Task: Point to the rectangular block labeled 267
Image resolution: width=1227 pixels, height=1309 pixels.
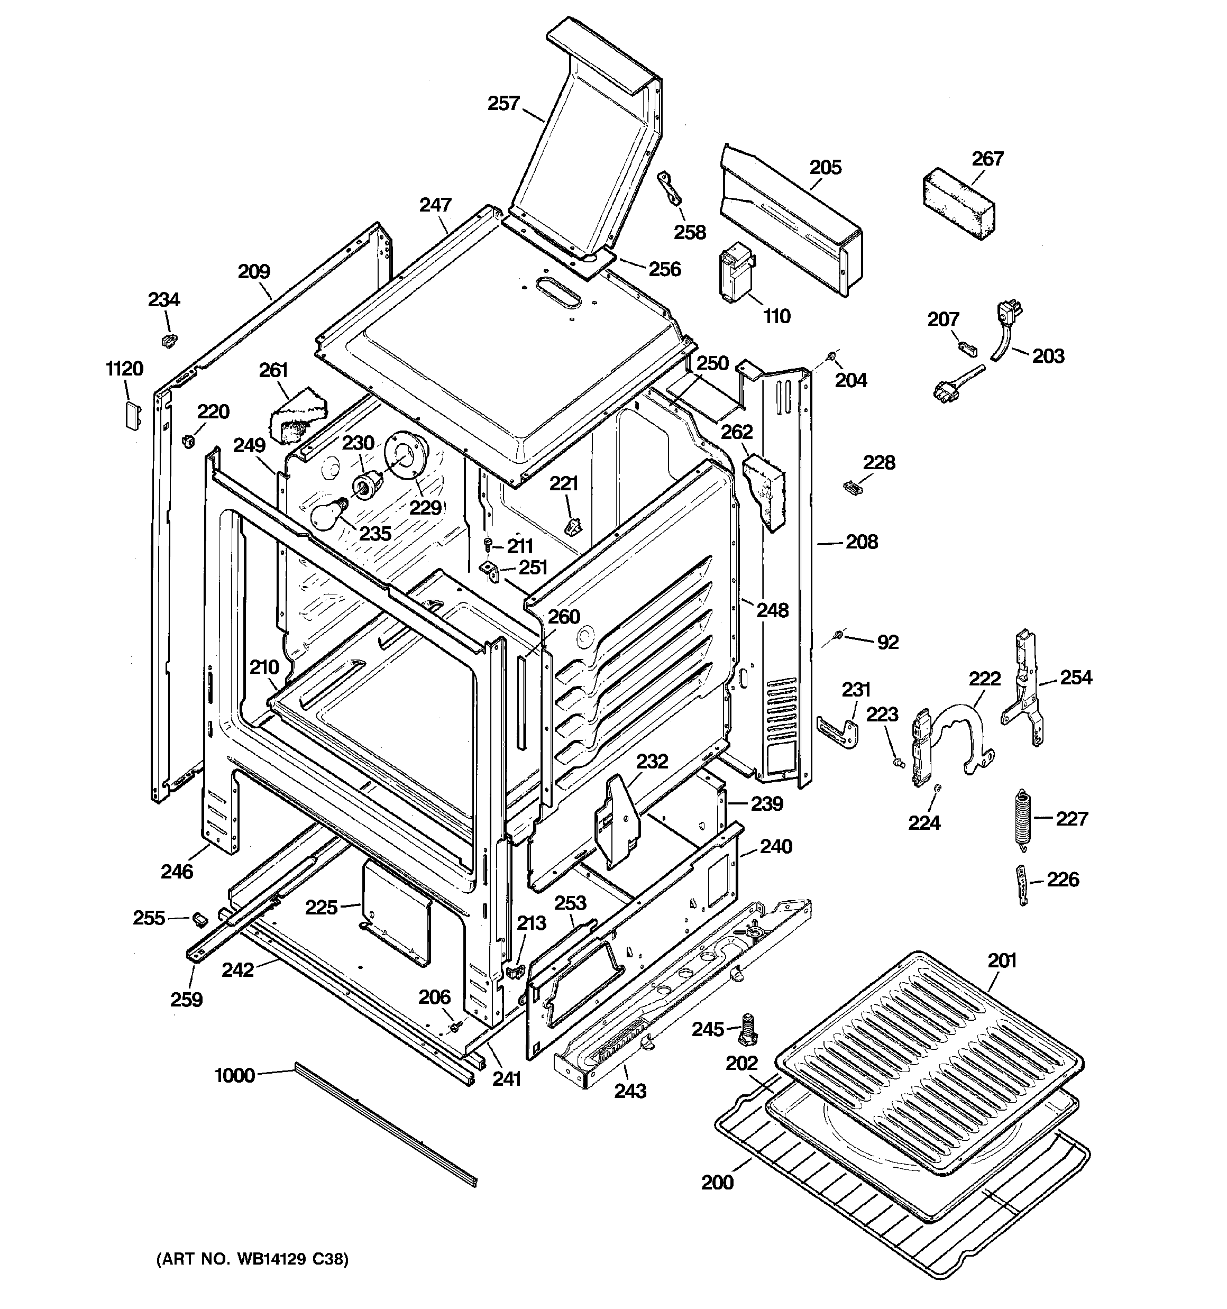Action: [x=958, y=205]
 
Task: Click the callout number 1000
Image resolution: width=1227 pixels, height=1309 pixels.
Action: [x=234, y=1076]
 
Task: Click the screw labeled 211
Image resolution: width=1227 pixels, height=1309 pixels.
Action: [x=488, y=544]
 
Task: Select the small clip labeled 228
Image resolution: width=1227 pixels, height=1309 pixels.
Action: [x=852, y=487]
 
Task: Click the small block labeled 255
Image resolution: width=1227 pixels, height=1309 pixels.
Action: [x=199, y=917]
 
